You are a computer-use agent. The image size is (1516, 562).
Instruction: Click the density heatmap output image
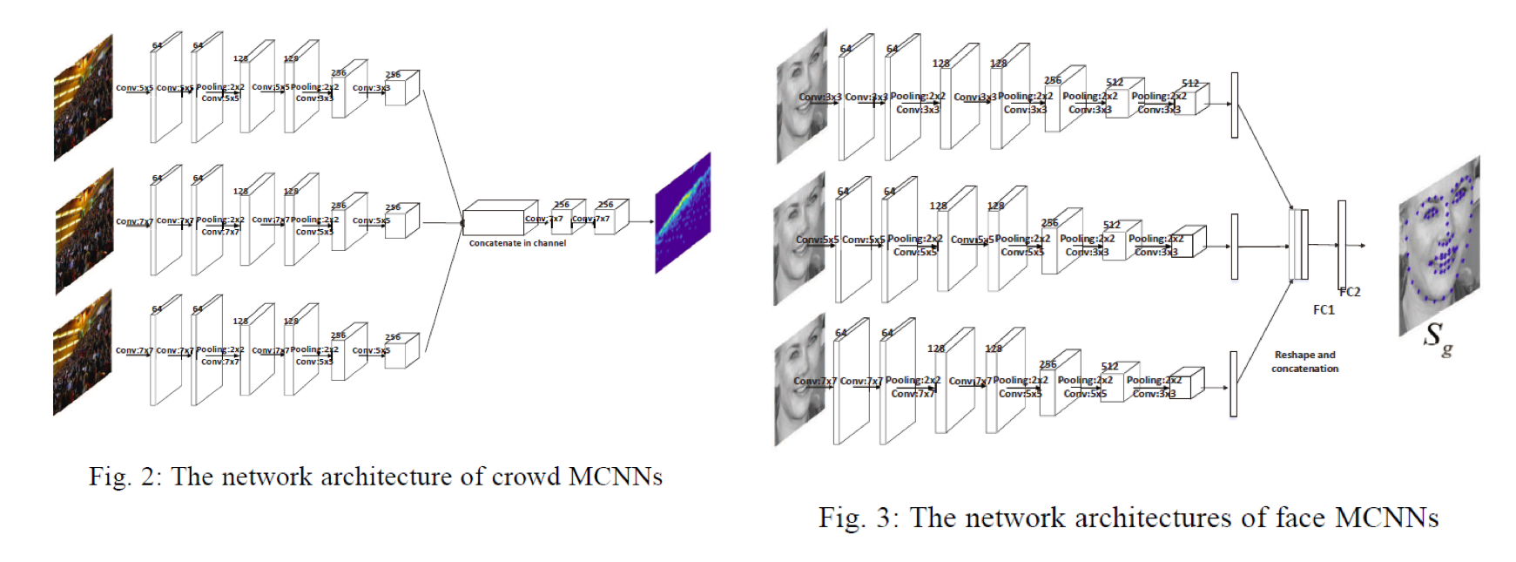click(x=683, y=213)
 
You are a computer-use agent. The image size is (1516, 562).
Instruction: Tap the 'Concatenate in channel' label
click(x=517, y=243)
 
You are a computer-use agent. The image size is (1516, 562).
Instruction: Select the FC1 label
click(x=1324, y=309)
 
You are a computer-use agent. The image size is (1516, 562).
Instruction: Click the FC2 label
click(x=1350, y=292)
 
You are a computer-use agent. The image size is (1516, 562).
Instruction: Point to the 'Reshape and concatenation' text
click(x=1304, y=362)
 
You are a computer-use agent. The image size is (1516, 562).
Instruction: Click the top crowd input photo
click(x=84, y=98)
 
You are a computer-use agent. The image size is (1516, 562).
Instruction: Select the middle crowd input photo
click(x=84, y=231)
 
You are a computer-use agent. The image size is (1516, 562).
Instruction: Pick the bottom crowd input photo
click(x=84, y=353)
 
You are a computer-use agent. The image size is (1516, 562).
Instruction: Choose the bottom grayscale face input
click(x=800, y=381)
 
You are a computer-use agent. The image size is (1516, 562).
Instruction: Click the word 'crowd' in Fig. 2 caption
click(x=526, y=477)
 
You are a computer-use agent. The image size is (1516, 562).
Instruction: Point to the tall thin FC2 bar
click(x=1342, y=245)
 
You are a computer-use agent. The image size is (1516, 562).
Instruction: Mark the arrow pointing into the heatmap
click(x=643, y=221)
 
